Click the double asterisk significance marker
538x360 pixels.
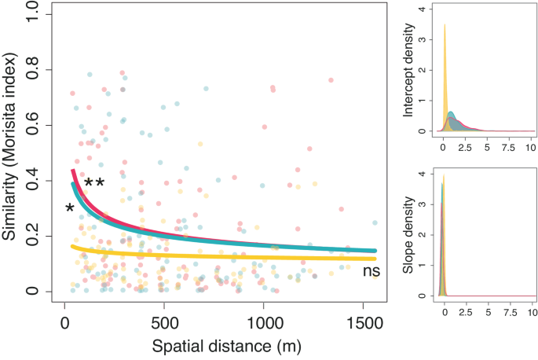pos(94,185)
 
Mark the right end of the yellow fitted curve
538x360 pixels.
pos(375,259)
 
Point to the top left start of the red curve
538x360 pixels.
pos(73,171)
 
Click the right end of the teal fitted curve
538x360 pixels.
pos(375,251)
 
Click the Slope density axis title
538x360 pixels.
pos(409,236)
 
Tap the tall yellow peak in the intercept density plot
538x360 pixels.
pos(445,28)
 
